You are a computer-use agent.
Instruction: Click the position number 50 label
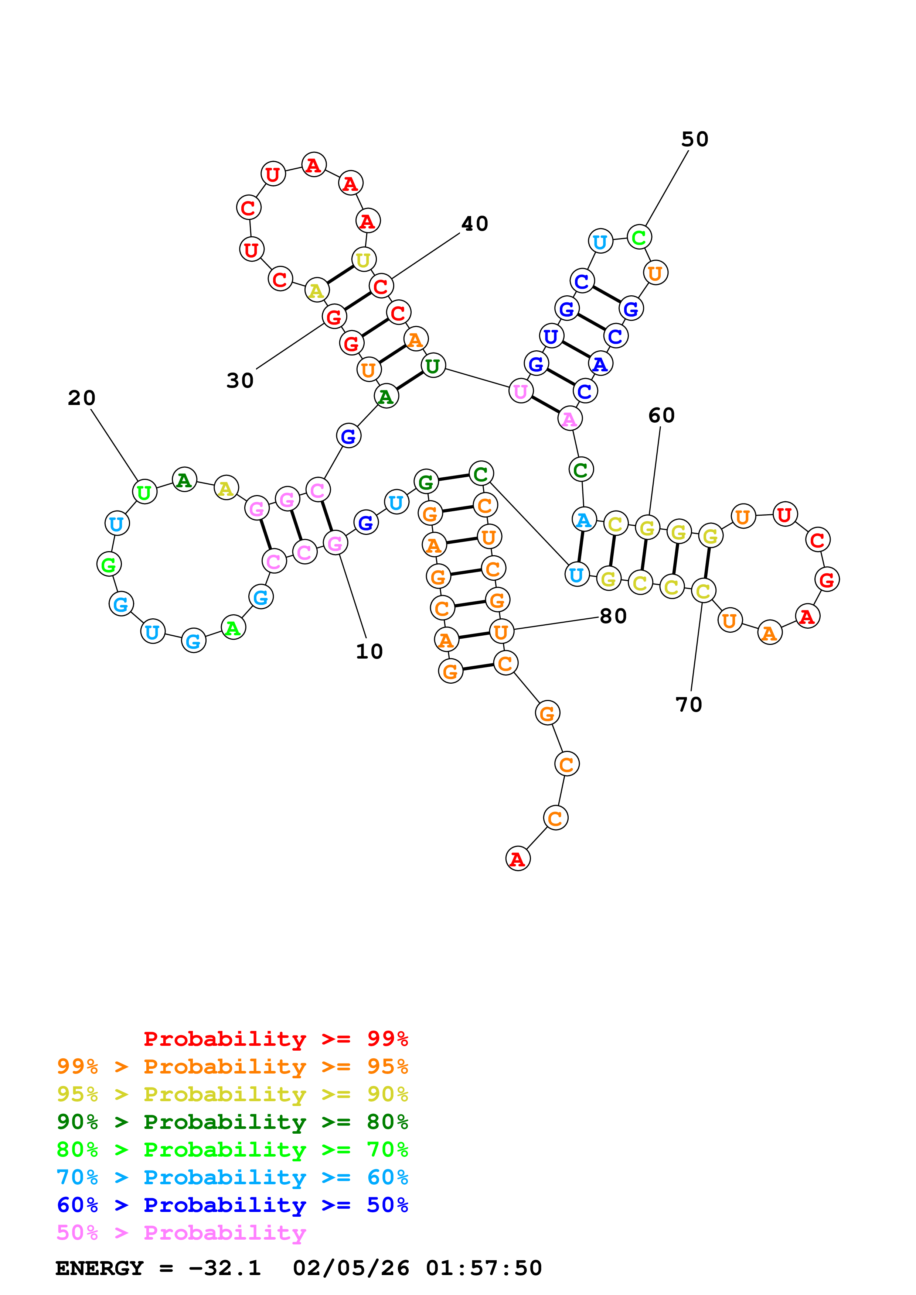point(694,139)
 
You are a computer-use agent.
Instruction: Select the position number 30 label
point(240,381)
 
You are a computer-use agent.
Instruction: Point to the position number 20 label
point(81,398)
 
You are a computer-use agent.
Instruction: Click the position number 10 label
point(369,652)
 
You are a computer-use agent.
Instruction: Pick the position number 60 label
point(661,416)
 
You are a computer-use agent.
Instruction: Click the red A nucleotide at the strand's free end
point(518,858)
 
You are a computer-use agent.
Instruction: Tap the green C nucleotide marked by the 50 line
point(639,237)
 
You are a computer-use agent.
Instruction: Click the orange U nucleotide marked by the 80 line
point(501,632)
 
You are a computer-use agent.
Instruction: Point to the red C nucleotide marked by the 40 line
point(381,286)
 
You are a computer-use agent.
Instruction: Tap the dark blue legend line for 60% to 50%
point(232,1205)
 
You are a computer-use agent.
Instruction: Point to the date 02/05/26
point(351,1268)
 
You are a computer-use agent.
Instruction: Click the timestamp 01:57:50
point(484,1268)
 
